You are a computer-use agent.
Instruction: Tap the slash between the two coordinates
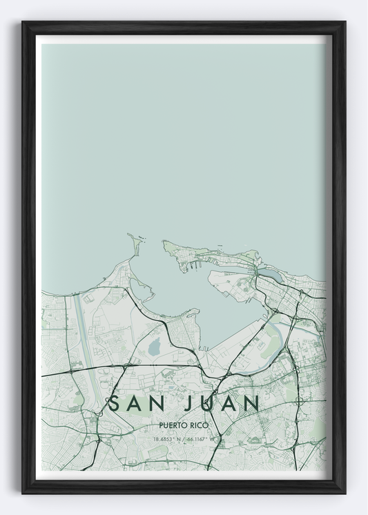[184, 438]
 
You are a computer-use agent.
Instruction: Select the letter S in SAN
[113, 403]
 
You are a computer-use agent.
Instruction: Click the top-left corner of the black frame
[23, 23]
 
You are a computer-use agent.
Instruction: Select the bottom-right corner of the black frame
[344, 492]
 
